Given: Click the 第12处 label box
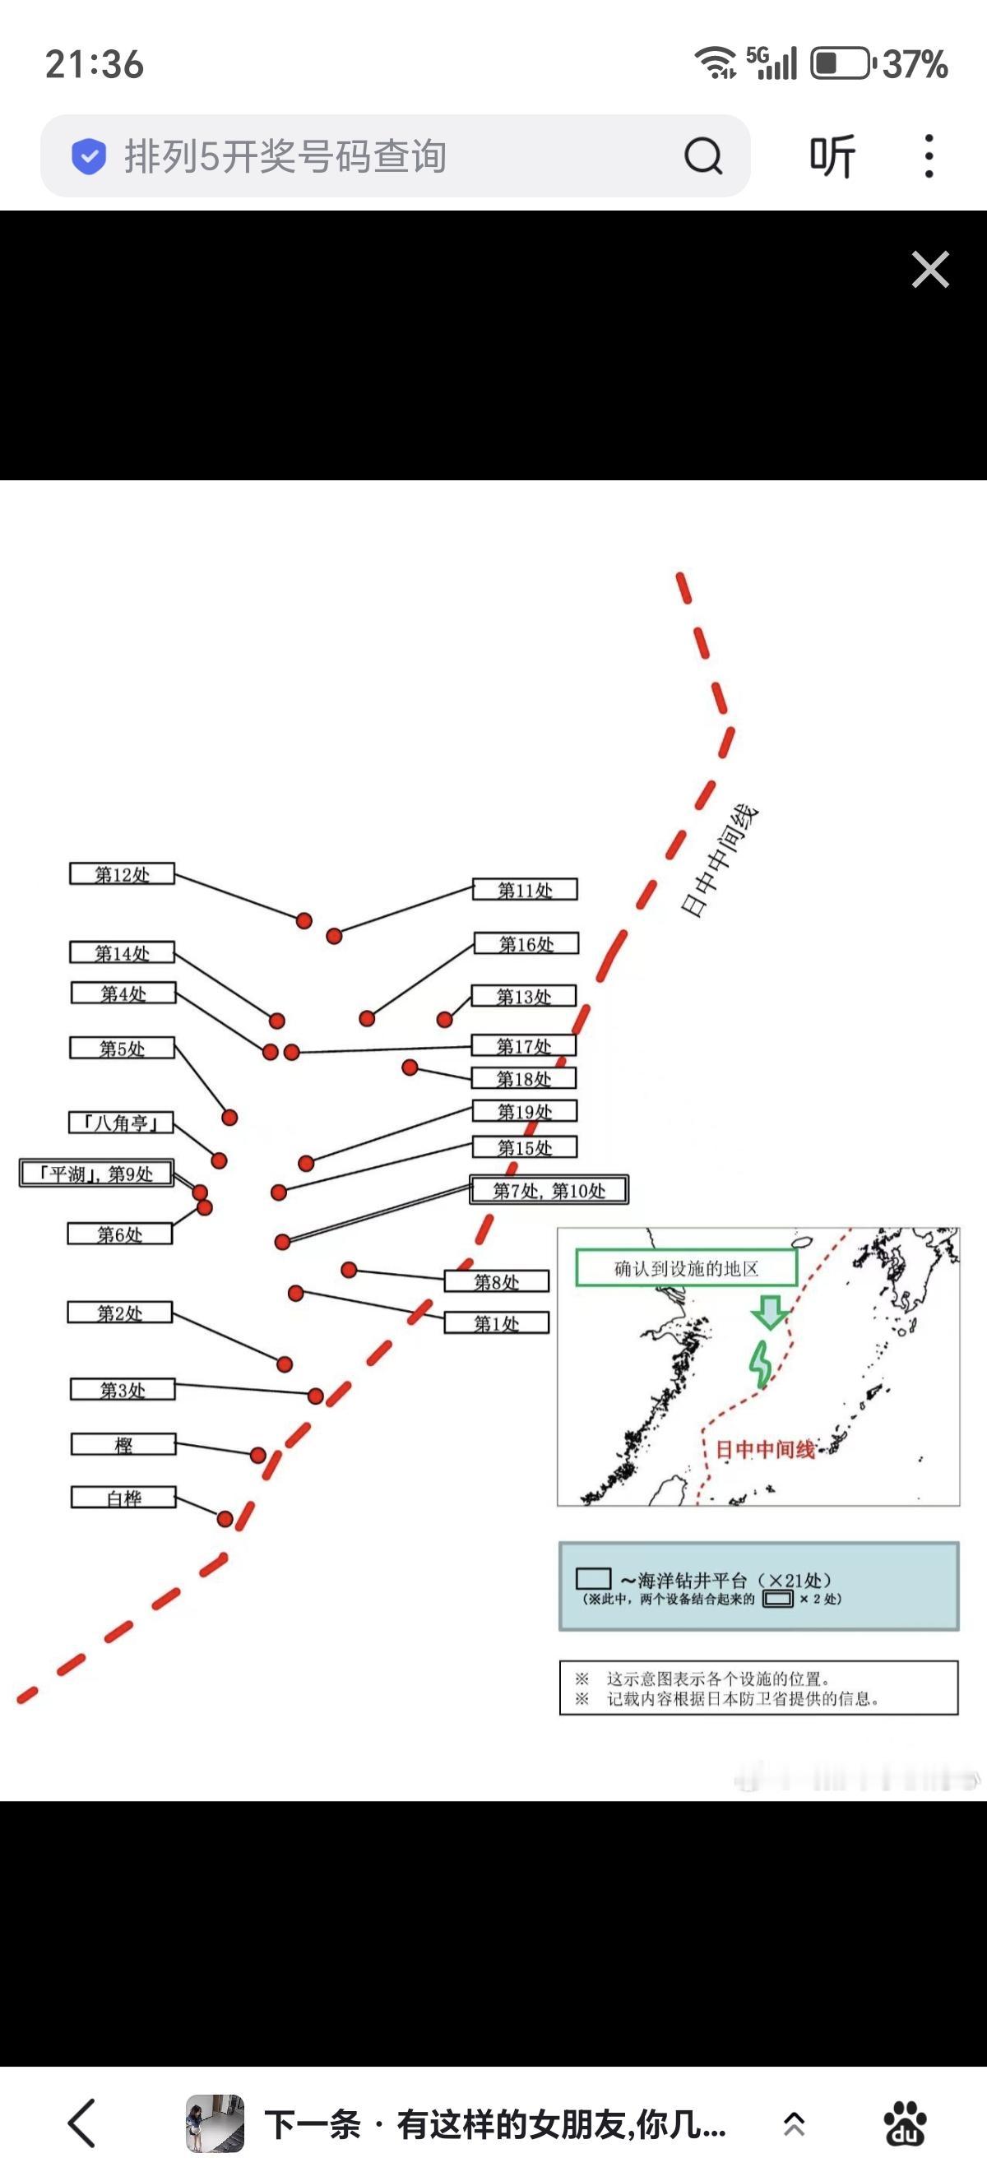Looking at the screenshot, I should [x=122, y=873].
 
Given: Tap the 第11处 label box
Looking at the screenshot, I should [x=525, y=889].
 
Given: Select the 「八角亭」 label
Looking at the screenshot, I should [x=121, y=1123].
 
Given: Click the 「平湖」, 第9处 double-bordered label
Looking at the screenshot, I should [x=97, y=1174].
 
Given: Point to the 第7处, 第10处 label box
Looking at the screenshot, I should [x=549, y=1190].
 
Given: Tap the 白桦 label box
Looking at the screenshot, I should [x=123, y=1498].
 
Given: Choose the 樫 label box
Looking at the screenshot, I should [x=123, y=1444].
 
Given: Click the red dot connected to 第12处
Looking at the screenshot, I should [x=304, y=920].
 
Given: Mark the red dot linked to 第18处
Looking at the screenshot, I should [x=410, y=1067].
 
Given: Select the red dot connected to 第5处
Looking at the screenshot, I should [x=229, y=1118].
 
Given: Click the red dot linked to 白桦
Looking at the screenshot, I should [x=225, y=1519].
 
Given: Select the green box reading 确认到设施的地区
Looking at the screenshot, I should [x=686, y=1268].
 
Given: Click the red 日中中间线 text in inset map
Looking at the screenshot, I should [x=764, y=1450].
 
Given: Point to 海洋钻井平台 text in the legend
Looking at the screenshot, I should [x=693, y=1580].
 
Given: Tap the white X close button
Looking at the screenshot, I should [x=930, y=269].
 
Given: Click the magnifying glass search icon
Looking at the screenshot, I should [x=702, y=155].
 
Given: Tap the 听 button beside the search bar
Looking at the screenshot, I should [x=832, y=155].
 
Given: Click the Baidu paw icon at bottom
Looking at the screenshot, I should [x=905, y=2123].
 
